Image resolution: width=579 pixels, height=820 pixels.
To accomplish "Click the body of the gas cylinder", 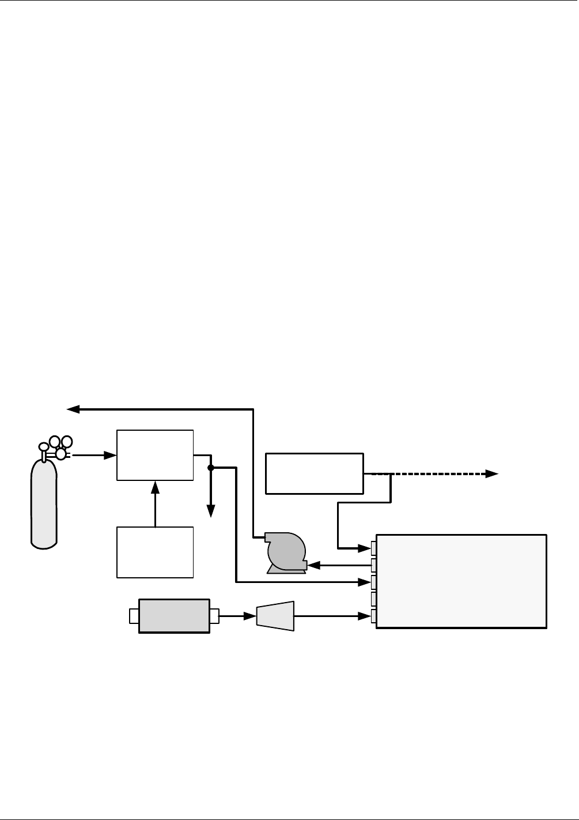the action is tap(44, 502).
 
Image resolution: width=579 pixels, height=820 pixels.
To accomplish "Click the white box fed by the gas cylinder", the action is tap(155, 455).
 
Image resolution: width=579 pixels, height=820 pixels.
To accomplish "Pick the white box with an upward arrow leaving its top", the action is tap(155, 552).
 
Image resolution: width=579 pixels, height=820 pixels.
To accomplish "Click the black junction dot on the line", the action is tap(211, 468).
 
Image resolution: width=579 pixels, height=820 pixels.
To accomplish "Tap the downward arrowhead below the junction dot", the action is tap(211, 510).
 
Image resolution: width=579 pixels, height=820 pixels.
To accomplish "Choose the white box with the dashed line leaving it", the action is tap(314, 473).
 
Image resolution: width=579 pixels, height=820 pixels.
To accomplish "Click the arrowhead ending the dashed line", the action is tap(491, 474).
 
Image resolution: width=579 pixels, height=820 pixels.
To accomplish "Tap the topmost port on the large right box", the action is tap(374, 547).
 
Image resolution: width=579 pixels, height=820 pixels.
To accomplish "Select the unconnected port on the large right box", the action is tap(374, 599).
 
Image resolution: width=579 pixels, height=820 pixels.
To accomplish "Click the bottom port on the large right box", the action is tap(374, 616).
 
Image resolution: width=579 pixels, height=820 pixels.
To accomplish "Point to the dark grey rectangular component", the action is tap(174, 616).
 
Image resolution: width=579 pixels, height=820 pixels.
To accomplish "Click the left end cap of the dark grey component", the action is tap(134, 616).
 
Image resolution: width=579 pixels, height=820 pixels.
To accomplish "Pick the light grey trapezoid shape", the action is tap(275, 616).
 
